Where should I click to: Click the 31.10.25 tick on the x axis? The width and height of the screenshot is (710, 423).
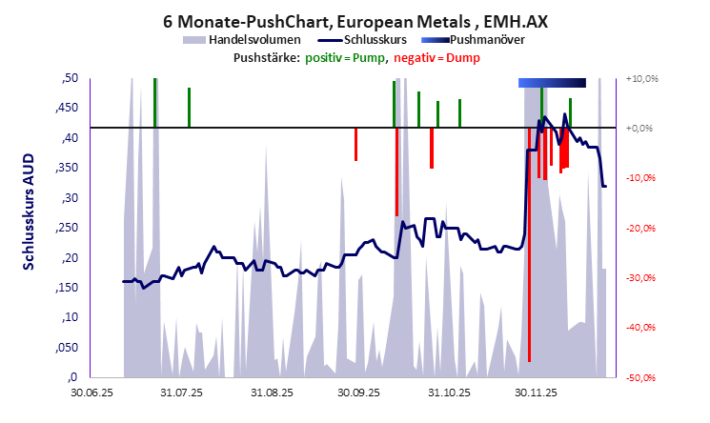coord(445,391)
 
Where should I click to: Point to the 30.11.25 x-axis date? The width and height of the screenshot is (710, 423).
coord(534,391)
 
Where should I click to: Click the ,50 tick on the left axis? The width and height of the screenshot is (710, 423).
coord(69,78)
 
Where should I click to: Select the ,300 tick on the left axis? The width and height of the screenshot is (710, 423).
coord(66,198)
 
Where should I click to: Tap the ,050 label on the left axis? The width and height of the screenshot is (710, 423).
coord(66,347)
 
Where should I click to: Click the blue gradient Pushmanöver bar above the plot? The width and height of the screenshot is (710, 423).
coord(552,83)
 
